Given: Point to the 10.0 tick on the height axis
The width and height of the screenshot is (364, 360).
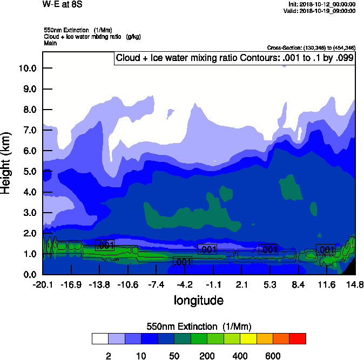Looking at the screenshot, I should click(27, 69).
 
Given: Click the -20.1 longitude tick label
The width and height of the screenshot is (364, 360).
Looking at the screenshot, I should click(43, 284).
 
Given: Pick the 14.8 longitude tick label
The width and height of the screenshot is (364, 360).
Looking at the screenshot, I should click(355, 284).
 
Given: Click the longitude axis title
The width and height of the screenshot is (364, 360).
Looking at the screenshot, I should click(198, 300).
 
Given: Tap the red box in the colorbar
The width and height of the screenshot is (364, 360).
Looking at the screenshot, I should click(298, 339).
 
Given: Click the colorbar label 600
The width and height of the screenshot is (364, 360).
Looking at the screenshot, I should click(273, 356).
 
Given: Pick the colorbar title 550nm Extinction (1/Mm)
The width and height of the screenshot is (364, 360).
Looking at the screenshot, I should click(199, 327).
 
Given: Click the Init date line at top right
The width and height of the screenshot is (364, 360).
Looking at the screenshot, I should click(322, 4).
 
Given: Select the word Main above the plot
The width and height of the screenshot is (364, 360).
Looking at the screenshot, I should click(50, 42).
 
